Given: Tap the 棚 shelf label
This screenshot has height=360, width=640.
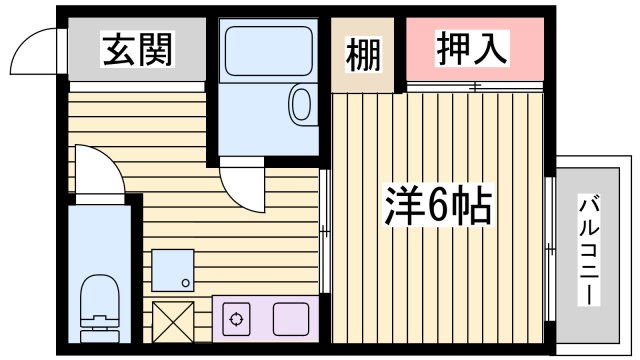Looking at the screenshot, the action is pos(365,55).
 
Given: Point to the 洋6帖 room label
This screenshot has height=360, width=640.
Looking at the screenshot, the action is pos(438,205).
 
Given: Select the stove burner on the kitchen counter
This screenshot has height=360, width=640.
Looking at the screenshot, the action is pos(237,320).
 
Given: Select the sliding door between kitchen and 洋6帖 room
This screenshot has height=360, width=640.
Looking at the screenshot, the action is pos(326,232).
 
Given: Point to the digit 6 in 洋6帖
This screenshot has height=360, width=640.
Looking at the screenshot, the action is pos(437,205).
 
